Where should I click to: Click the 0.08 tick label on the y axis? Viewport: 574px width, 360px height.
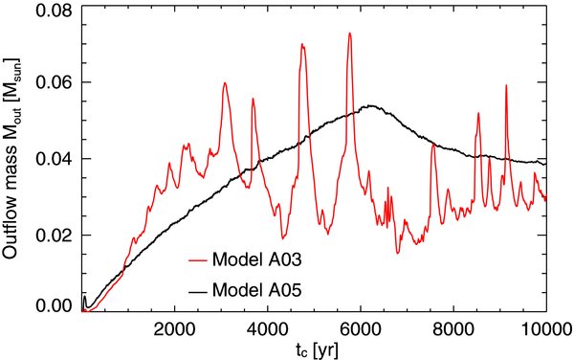click(x=55, y=10)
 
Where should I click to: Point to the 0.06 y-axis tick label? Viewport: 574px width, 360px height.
click(x=55, y=82)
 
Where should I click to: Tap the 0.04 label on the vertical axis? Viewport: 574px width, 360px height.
click(x=55, y=159)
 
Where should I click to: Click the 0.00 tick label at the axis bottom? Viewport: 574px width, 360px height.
click(x=55, y=305)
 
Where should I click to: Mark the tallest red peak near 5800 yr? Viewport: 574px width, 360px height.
click(x=349, y=34)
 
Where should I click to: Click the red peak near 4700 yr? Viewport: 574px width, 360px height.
click(x=301, y=44)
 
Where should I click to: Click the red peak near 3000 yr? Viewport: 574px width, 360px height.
click(x=225, y=83)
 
